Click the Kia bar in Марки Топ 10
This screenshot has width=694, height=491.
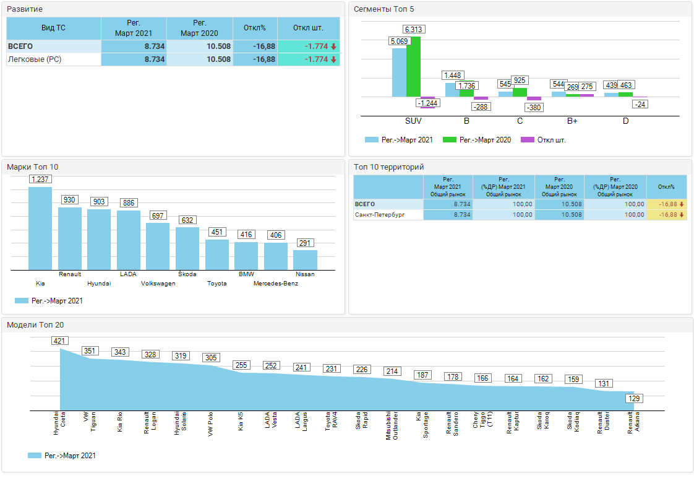pyautogui.click(x=40, y=228)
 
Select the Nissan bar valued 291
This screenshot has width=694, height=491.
pyautogui.click(x=305, y=259)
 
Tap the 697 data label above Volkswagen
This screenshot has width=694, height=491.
pyautogui.click(x=158, y=215)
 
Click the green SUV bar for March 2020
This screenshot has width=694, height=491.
pyautogui.click(x=413, y=66)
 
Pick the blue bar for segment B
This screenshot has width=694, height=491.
pyautogui.click(x=452, y=90)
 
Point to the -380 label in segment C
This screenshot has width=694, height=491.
pyautogui.click(x=534, y=108)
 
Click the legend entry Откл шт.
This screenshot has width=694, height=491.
pyautogui.click(x=543, y=140)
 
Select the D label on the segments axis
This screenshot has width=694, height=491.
pyautogui.click(x=625, y=121)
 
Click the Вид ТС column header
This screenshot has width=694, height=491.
pyautogui.click(x=53, y=28)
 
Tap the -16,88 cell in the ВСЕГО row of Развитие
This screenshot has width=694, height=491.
pyautogui.click(x=254, y=46)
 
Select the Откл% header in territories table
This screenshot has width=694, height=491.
pyautogui.click(x=666, y=186)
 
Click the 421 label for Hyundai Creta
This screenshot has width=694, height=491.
pyautogui.click(x=59, y=341)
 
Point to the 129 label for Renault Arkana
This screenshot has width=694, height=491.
pyautogui.click(x=634, y=398)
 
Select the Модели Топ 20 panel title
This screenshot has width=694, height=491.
pyautogui.click(x=35, y=324)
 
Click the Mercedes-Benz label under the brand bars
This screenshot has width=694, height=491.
pyautogui.click(x=275, y=284)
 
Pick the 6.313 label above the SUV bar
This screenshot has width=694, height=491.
pyautogui.click(x=414, y=29)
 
